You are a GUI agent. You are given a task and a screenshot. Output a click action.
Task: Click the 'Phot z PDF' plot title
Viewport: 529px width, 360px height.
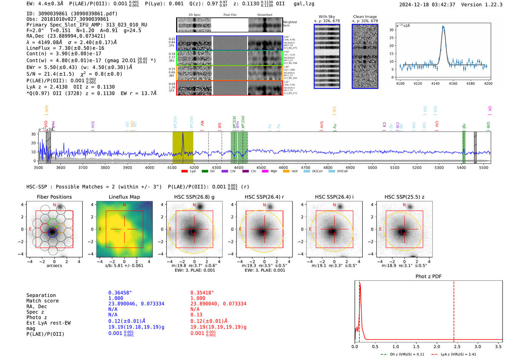pyautogui.click(x=428, y=277)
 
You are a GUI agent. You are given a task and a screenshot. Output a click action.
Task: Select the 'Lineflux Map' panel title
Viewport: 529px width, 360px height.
pyautogui.click(x=124, y=197)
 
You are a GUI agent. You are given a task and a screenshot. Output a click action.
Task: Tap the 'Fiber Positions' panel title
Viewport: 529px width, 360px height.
pyautogui.click(x=54, y=197)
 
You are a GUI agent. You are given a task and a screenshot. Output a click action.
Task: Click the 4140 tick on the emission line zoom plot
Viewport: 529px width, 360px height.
pyautogui.click(x=435, y=83)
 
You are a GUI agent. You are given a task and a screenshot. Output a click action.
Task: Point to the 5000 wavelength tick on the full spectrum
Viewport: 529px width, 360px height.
pyautogui.click(x=372, y=167)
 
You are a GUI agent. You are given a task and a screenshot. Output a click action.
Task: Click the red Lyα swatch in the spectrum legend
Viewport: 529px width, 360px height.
pyautogui.click(x=184, y=171)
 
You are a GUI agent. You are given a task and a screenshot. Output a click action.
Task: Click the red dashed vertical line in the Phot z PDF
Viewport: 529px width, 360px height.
pyautogui.click(x=454, y=310)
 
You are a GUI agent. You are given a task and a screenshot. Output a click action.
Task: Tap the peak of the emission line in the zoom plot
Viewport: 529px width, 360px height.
pyautogui.click(x=443, y=27)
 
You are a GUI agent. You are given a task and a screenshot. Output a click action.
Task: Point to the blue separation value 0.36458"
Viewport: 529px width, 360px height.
pyautogui.click(x=120, y=293)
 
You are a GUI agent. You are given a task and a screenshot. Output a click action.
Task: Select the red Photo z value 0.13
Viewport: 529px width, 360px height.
pyautogui.click(x=196, y=315)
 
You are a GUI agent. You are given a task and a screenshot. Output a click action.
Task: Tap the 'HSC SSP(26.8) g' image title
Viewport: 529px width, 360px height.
pyautogui.click(x=194, y=197)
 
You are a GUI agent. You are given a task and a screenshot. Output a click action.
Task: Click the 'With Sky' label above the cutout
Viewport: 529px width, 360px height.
pyautogui.click(x=326, y=17)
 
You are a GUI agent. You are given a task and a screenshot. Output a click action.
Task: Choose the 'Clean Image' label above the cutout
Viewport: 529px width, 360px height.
pyautogui.click(x=365, y=17)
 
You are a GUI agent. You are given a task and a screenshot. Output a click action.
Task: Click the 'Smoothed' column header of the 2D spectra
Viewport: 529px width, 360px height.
pyautogui.click(x=264, y=15)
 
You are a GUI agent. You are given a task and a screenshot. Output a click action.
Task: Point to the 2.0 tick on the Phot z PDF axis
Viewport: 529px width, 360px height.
pyautogui.click(x=437, y=346)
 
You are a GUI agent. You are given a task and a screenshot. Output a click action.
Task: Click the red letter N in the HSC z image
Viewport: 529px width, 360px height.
pyautogui.click(x=404, y=205)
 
